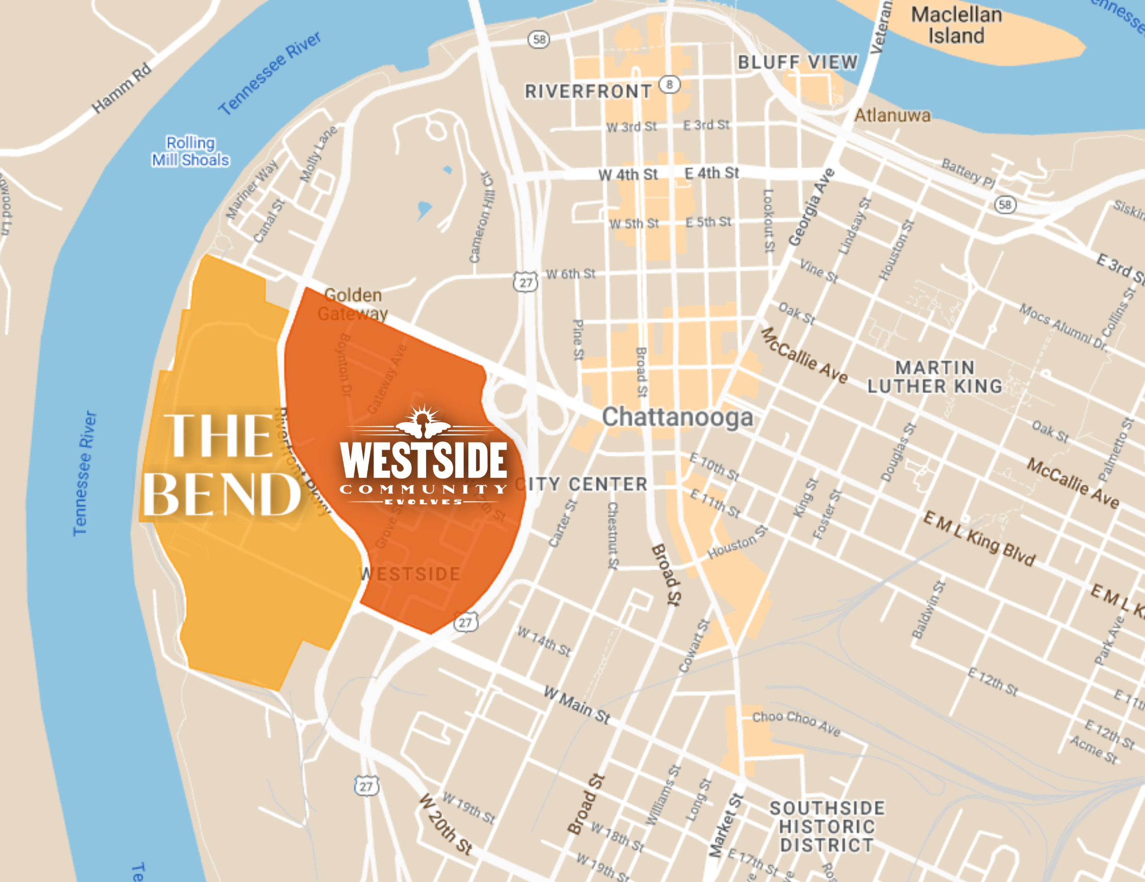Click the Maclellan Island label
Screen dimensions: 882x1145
[x=956, y=25]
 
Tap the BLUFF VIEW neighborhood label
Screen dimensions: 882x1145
[x=797, y=62]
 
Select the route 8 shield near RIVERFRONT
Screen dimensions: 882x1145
[x=669, y=84]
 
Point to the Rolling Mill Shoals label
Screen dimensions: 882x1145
[x=190, y=151]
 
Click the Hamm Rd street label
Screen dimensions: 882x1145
[x=121, y=88]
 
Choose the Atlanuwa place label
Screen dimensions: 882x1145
[x=892, y=115]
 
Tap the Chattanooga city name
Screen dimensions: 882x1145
[x=677, y=418]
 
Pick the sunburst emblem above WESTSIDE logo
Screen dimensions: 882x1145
[x=423, y=422]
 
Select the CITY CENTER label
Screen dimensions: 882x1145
[x=582, y=484]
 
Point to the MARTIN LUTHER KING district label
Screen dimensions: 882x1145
[x=935, y=377]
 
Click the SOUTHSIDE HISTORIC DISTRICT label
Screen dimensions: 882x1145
[x=827, y=826]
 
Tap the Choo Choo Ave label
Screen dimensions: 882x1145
[x=796, y=723]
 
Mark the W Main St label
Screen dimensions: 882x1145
[x=577, y=705]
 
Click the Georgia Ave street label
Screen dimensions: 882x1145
[x=812, y=207]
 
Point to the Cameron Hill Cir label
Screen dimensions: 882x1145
[x=481, y=217]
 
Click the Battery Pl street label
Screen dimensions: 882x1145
[x=968, y=172]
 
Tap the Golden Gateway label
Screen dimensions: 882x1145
[x=353, y=304]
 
